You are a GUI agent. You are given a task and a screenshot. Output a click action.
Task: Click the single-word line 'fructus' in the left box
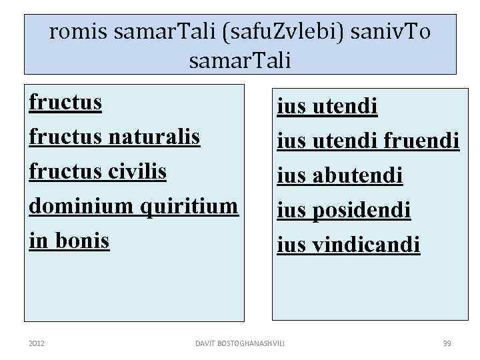65,103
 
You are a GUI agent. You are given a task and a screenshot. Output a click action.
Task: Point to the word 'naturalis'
154,137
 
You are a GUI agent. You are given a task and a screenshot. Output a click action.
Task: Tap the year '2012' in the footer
37,343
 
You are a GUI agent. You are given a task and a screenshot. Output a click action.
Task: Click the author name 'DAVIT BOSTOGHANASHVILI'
239,343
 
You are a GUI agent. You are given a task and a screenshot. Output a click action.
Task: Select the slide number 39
447,343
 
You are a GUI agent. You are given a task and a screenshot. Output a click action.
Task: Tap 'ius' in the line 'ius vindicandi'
291,245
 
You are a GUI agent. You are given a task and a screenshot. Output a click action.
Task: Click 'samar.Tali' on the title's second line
240,61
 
